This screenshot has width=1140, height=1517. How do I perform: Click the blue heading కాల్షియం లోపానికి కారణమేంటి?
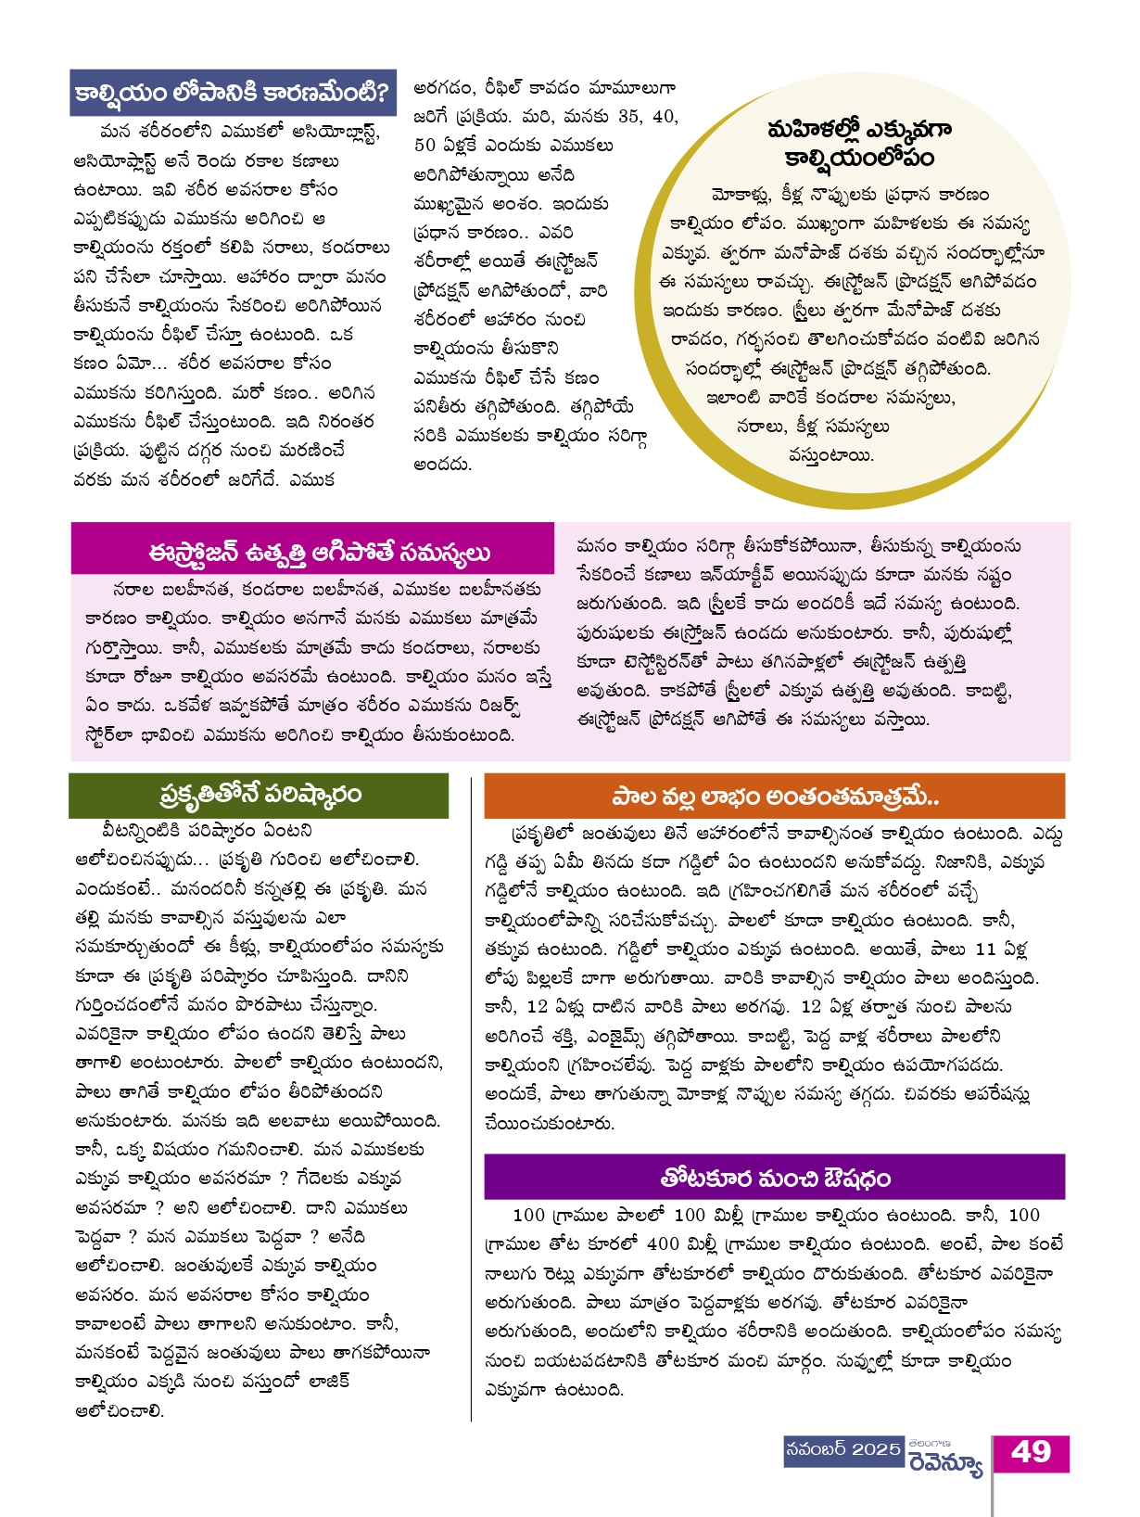click(233, 92)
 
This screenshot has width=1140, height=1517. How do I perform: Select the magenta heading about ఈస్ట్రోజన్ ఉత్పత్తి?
click(319, 553)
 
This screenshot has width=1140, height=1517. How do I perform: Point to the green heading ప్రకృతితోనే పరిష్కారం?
click(260, 795)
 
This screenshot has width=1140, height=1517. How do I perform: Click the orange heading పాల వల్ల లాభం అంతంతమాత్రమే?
click(775, 797)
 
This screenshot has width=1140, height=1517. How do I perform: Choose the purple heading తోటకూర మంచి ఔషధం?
click(775, 1178)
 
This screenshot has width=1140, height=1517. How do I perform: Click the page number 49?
click(1031, 1452)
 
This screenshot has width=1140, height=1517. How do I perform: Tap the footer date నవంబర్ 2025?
click(842, 1449)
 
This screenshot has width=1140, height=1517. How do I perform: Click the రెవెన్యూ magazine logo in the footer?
click(944, 1464)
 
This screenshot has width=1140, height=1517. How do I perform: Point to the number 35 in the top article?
click(628, 117)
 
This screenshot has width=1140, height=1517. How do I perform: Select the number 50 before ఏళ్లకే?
click(424, 146)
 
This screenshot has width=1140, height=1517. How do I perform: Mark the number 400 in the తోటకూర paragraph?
click(663, 1244)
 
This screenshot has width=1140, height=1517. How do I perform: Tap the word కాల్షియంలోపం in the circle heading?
click(858, 158)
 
